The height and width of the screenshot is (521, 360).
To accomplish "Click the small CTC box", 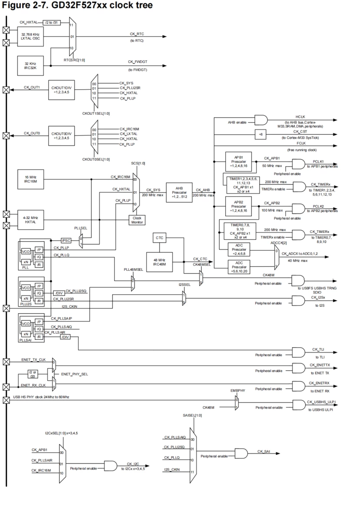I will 158,238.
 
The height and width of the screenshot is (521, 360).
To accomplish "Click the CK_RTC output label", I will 137,33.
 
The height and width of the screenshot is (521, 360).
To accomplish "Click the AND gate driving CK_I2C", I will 110,466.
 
